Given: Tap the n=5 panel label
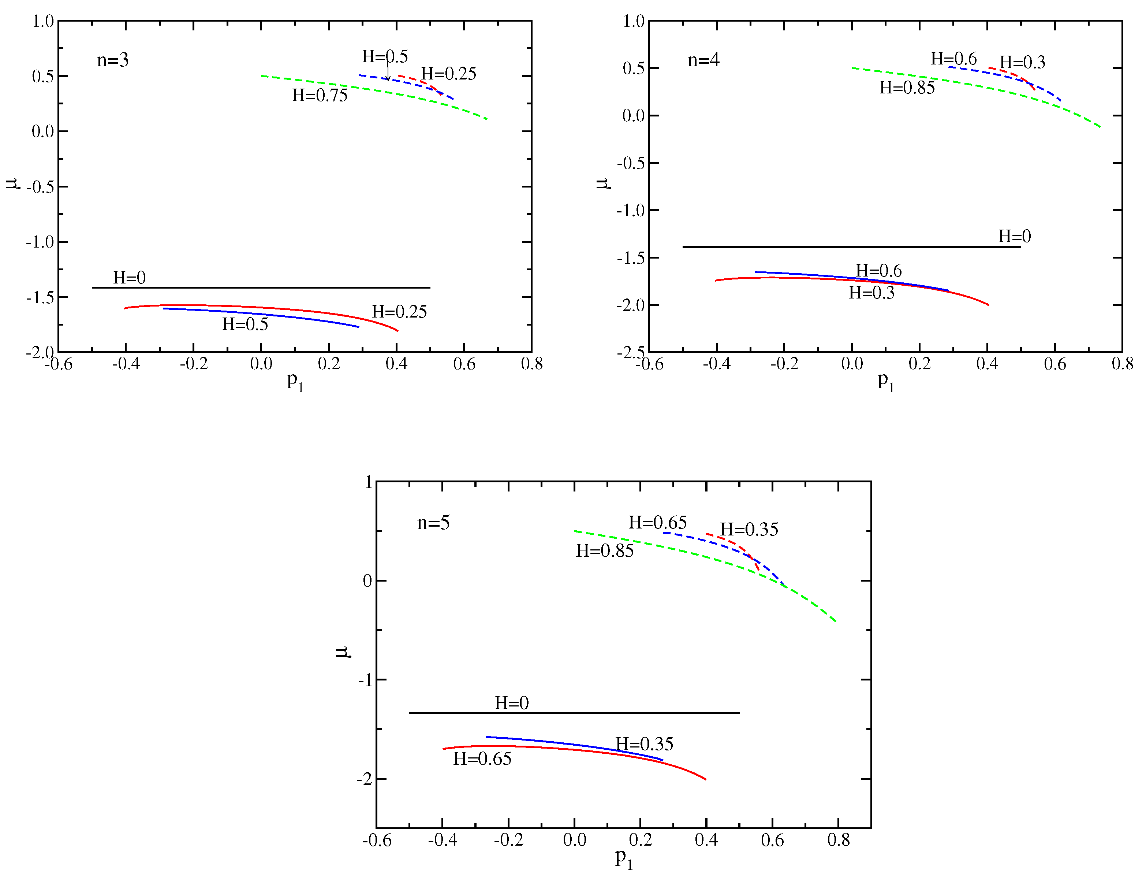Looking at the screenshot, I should pyautogui.click(x=433, y=523).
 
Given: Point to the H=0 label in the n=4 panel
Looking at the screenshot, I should pyautogui.click(x=1014, y=237).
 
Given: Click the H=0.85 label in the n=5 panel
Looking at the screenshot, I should pyautogui.click(x=605, y=551).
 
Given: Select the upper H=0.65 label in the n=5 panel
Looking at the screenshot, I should pyautogui.click(x=657, y=523).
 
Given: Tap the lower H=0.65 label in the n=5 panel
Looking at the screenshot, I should pyautogui.click(x=482, y=759).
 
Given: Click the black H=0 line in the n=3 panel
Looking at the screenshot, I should pyautogui.click(x=262, y=288).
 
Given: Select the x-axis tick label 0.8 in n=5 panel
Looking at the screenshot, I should pyautogui.click(x=838, y=840).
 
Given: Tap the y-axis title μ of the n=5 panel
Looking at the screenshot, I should pyautogui.click(x=342, y=652).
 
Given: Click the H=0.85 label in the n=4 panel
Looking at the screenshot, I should pyautogui.click(x=907, y=88).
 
